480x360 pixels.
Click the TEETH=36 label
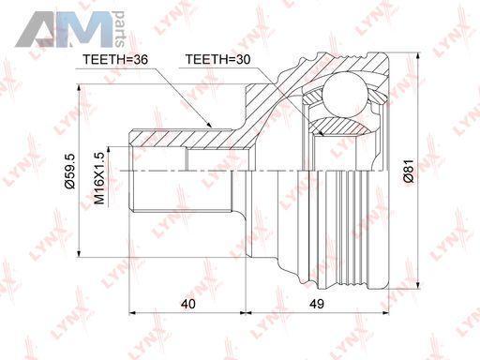[x=114, y=59]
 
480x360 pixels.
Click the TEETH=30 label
[x=218, y=59]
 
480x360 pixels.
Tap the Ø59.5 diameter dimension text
[x=70, y=171]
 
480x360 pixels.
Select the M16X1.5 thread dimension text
[x=99, y=178]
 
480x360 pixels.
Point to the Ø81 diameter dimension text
[x=408, y=171]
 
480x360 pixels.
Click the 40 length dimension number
[x=188, y=304]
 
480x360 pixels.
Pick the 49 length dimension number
[x=317, y=304]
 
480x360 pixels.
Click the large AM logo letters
[x=64, y=29]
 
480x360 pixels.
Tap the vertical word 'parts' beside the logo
[x=119, y=29]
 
